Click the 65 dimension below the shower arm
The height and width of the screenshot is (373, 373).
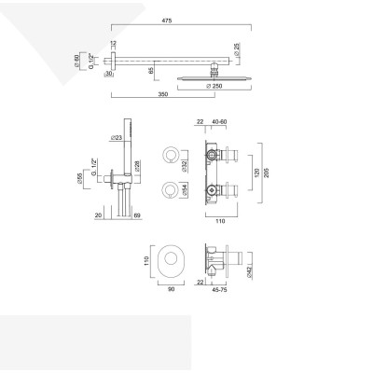tap(150, 68)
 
